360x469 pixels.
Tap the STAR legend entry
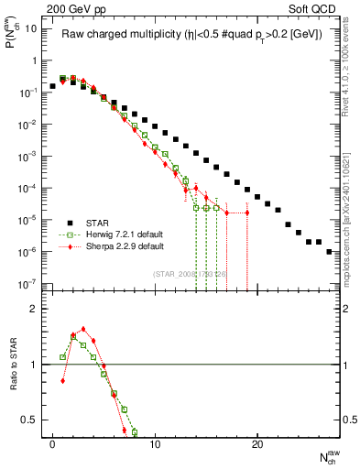(x=96, y=221)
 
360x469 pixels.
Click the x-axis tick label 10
(x=155, y=444)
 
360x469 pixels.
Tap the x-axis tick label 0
(x=52, y=444)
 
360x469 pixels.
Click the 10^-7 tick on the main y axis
(x=29, y=284)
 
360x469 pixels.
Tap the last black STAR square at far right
(x=329, y=251)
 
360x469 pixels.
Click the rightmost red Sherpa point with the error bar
(x=247, y=213)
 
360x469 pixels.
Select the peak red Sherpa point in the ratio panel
(x=83, y=329)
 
